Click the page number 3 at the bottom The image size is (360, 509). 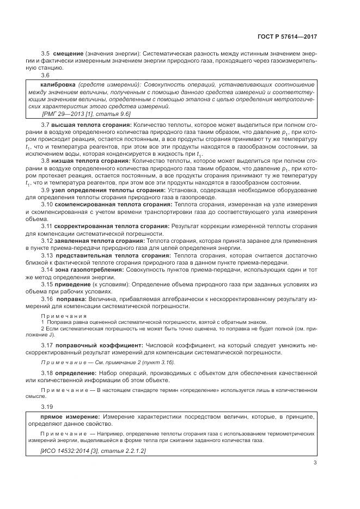tap(315, 463)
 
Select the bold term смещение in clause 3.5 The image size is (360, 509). tap(68, 53)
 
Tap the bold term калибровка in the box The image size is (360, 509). tap(58, 85)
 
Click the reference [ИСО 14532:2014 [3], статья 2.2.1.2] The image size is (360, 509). tap(93, 451)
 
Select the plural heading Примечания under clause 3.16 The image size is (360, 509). tap(60, 315)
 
